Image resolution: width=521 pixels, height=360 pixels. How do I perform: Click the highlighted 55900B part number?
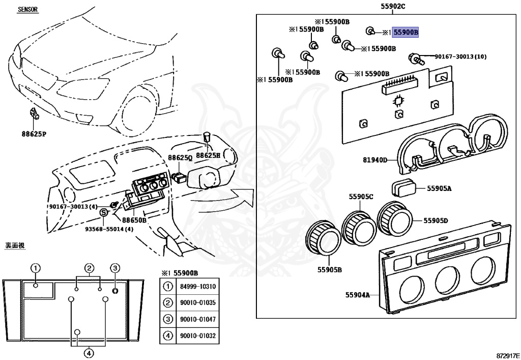[x=405, y=32]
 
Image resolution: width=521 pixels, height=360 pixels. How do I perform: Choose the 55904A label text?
[x=357, y=295]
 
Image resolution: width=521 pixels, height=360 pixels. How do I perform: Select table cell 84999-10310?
[x=197, y=287]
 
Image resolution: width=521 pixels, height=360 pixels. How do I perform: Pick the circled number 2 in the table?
[x=167, y=303]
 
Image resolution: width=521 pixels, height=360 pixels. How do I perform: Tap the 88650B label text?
[x=134, y=220]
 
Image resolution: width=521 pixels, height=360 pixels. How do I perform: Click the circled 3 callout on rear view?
[x=115, y=268]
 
